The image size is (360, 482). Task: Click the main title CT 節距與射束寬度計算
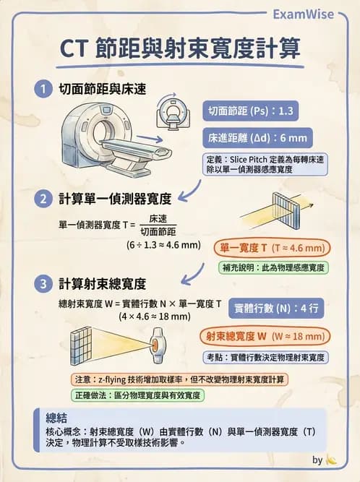179,50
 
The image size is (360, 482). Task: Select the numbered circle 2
44,198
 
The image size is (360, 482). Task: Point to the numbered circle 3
44,282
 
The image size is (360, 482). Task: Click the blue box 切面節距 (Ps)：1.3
249,112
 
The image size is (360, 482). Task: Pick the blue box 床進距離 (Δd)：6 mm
257,137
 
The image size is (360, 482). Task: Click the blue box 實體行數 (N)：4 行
277,308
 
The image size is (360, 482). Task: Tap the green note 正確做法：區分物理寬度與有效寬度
137,396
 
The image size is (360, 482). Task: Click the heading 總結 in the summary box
56,418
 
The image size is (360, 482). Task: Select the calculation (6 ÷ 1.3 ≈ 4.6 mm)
163,246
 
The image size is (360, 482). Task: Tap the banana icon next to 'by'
332,460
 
